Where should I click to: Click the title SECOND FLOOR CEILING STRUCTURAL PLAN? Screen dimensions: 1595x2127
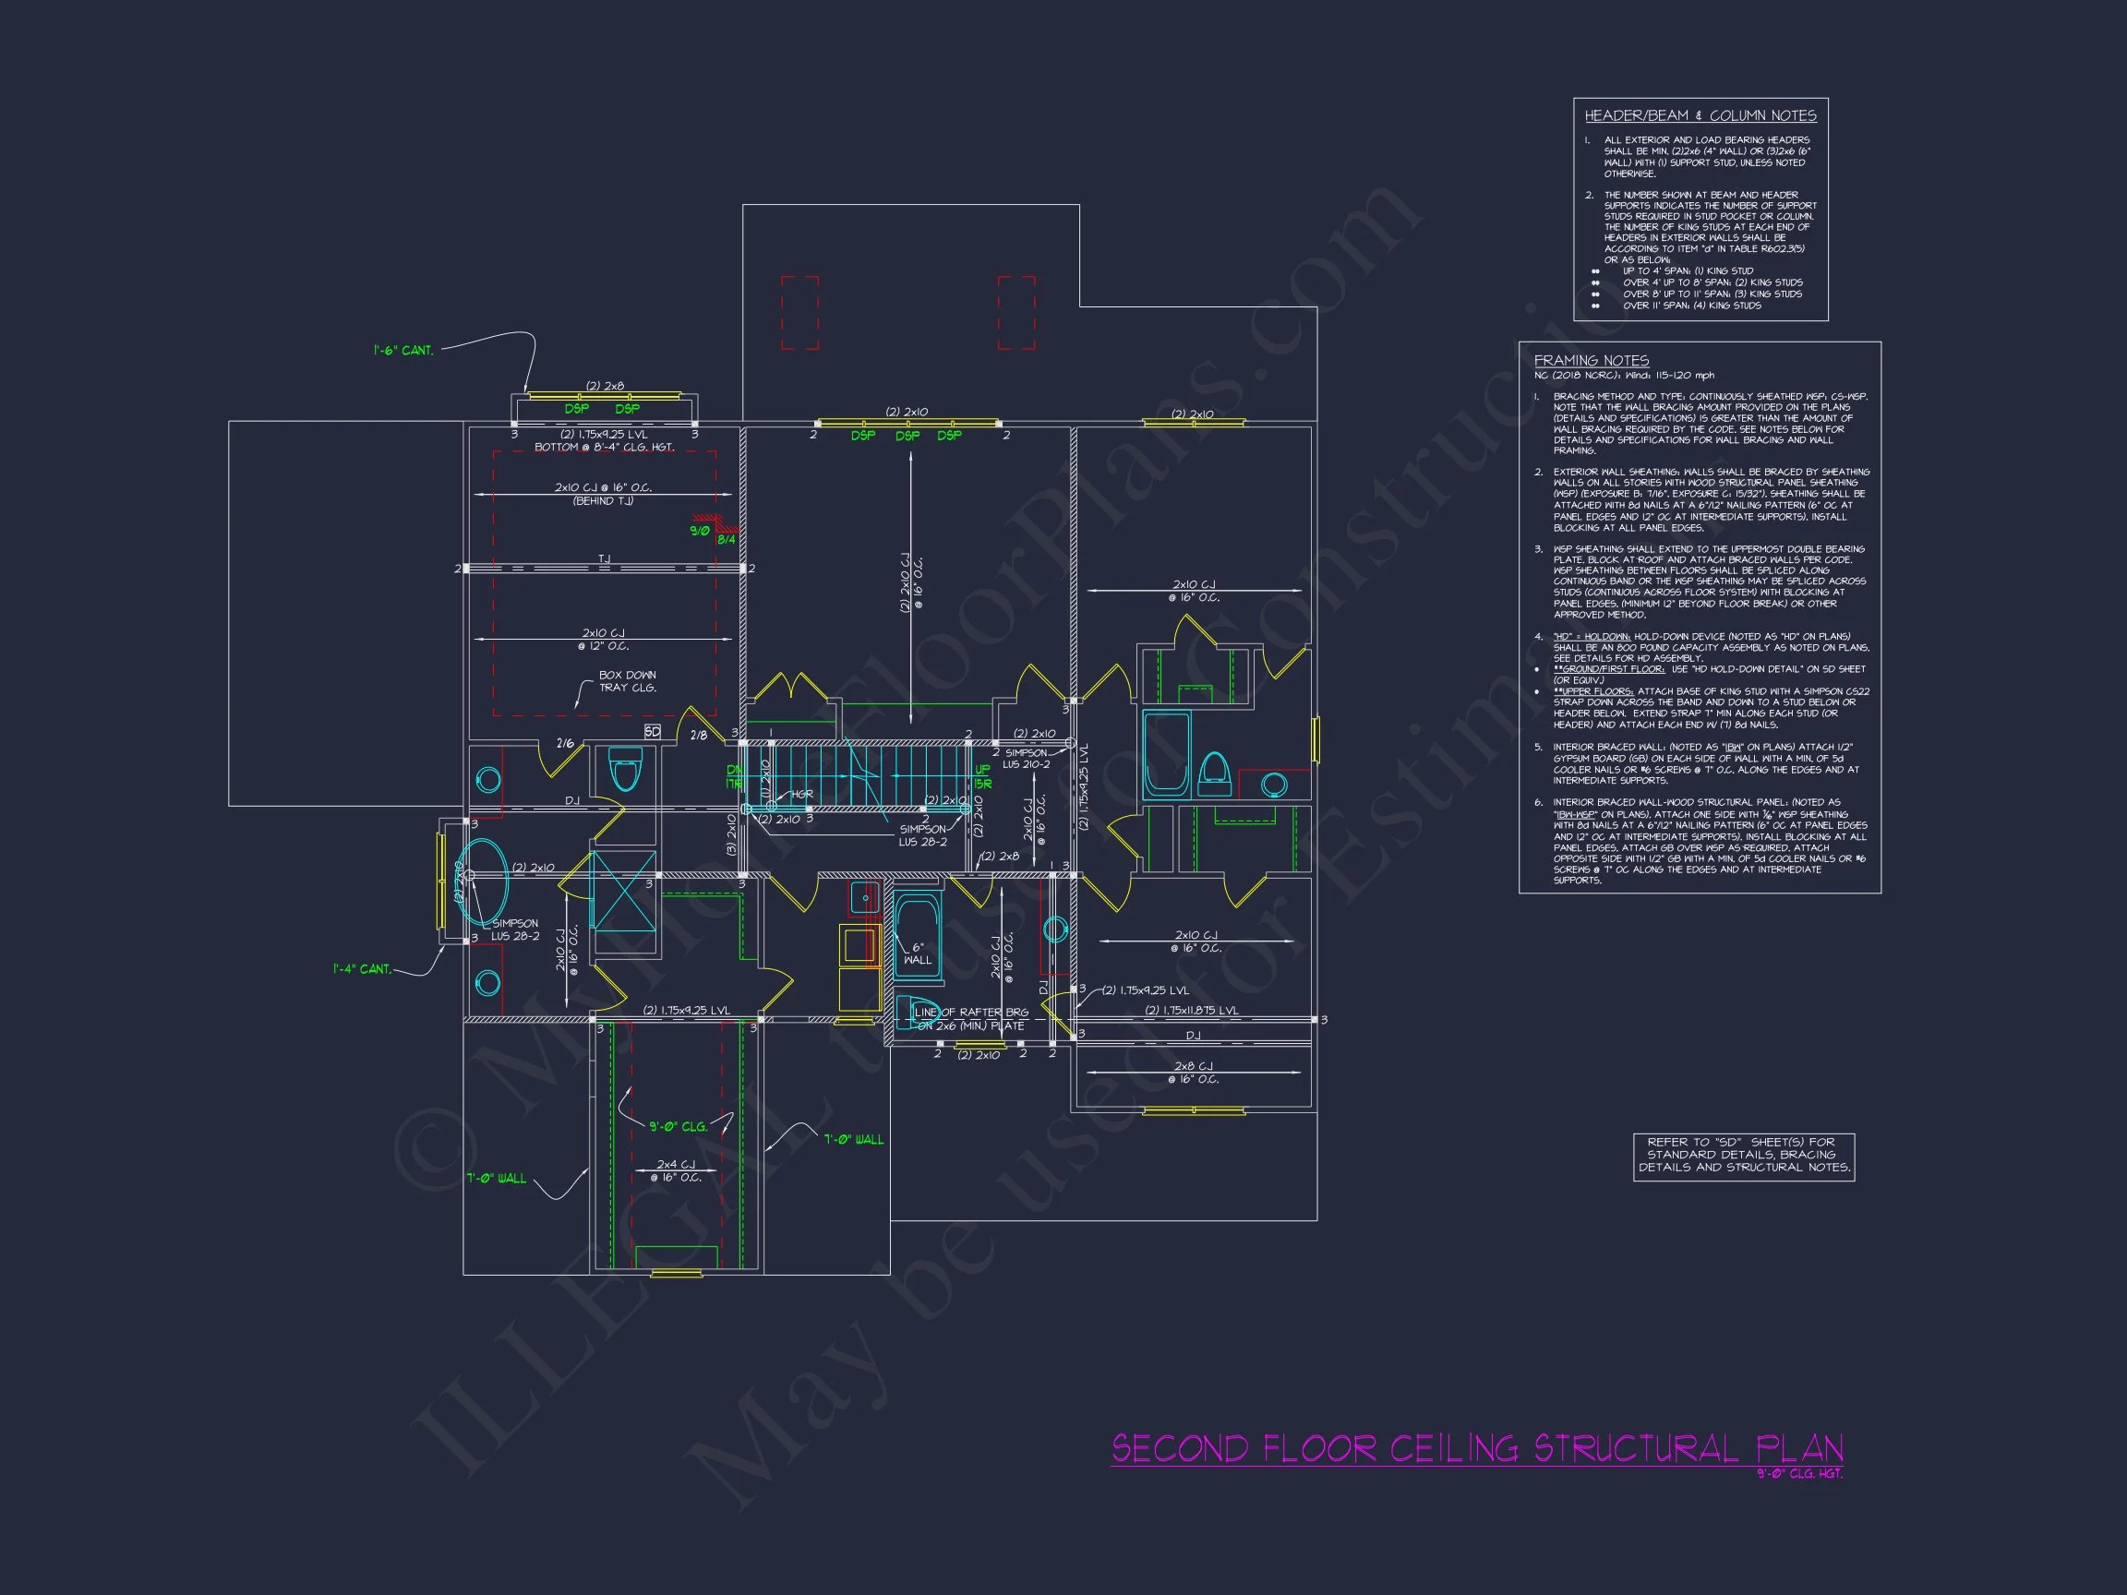(x=1476, y=1448)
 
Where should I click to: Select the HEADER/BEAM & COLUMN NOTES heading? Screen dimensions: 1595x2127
(x=1700, y=115)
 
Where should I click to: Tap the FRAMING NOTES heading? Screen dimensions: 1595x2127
(x=1591, y=361)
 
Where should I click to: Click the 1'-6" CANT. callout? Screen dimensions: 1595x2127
(x=403, y=351)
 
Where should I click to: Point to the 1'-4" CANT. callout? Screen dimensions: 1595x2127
(x=362, y=969)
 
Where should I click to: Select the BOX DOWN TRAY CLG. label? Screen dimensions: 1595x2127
(x=627, y=681)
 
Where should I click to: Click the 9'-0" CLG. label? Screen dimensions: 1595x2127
(x=678, y=1126)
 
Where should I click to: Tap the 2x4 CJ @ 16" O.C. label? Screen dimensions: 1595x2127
(x=675, y=1171)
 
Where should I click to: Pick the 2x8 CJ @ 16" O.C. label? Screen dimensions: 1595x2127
(x=1194, y=1073)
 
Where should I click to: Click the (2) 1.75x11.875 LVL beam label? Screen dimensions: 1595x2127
(x=1192, y=1011)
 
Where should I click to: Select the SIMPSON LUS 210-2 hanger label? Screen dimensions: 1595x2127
(x=1026, y=760)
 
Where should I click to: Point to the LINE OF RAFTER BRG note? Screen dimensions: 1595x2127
(x=971, y=1019)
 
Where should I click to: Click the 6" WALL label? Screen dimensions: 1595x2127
(x=918, y=953)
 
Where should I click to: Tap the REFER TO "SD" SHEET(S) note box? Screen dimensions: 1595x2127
(x=1743, y=1155)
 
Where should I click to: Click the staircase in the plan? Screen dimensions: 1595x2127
(x=856, y=775)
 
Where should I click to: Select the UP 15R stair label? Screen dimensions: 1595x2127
(x=981, y=777)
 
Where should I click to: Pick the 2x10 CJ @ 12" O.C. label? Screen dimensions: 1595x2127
(x=603, y=640)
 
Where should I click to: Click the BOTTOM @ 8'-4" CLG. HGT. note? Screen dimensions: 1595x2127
(x=604, y=448)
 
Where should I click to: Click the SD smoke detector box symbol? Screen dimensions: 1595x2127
(x=652, y=732)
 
